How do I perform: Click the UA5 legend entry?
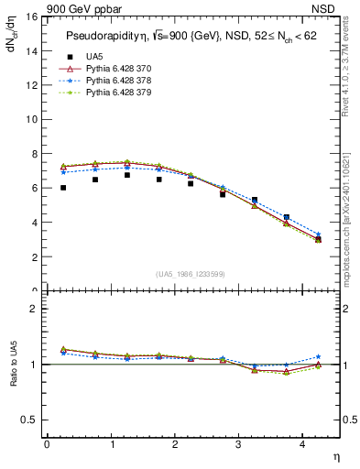pos(94,57)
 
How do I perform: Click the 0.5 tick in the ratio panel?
pos(27,420)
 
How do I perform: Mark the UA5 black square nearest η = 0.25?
pos(63,188)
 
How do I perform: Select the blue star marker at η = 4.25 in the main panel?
pos(319,234)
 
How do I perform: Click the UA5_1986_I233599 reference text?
pos(191,275)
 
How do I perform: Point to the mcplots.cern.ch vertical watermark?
pos(346,229)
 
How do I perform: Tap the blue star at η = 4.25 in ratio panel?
pos(319,356)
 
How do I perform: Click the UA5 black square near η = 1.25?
pos(127,175)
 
